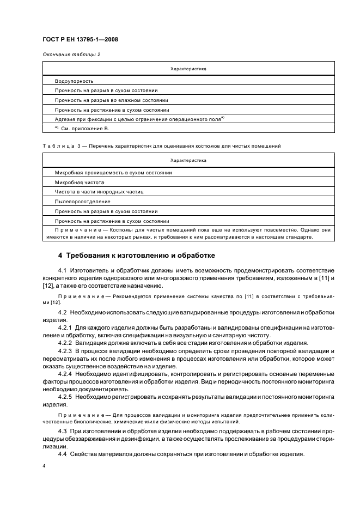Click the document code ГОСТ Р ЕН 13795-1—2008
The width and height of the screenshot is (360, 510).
tap(80, 39)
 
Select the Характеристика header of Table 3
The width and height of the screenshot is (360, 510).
tap(188, 161)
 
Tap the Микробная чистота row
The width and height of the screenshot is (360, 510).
tap(79, 182)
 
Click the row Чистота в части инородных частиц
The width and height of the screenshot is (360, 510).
tap(99, 192)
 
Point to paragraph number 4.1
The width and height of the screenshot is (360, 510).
tap(63, 270)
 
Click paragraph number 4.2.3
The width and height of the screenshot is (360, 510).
tap(65, 351)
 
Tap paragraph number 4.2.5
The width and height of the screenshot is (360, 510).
tap(65, 398)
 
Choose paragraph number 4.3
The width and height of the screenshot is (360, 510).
tap(63, 432)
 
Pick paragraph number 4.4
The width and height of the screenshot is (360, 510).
tap(63, 455)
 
